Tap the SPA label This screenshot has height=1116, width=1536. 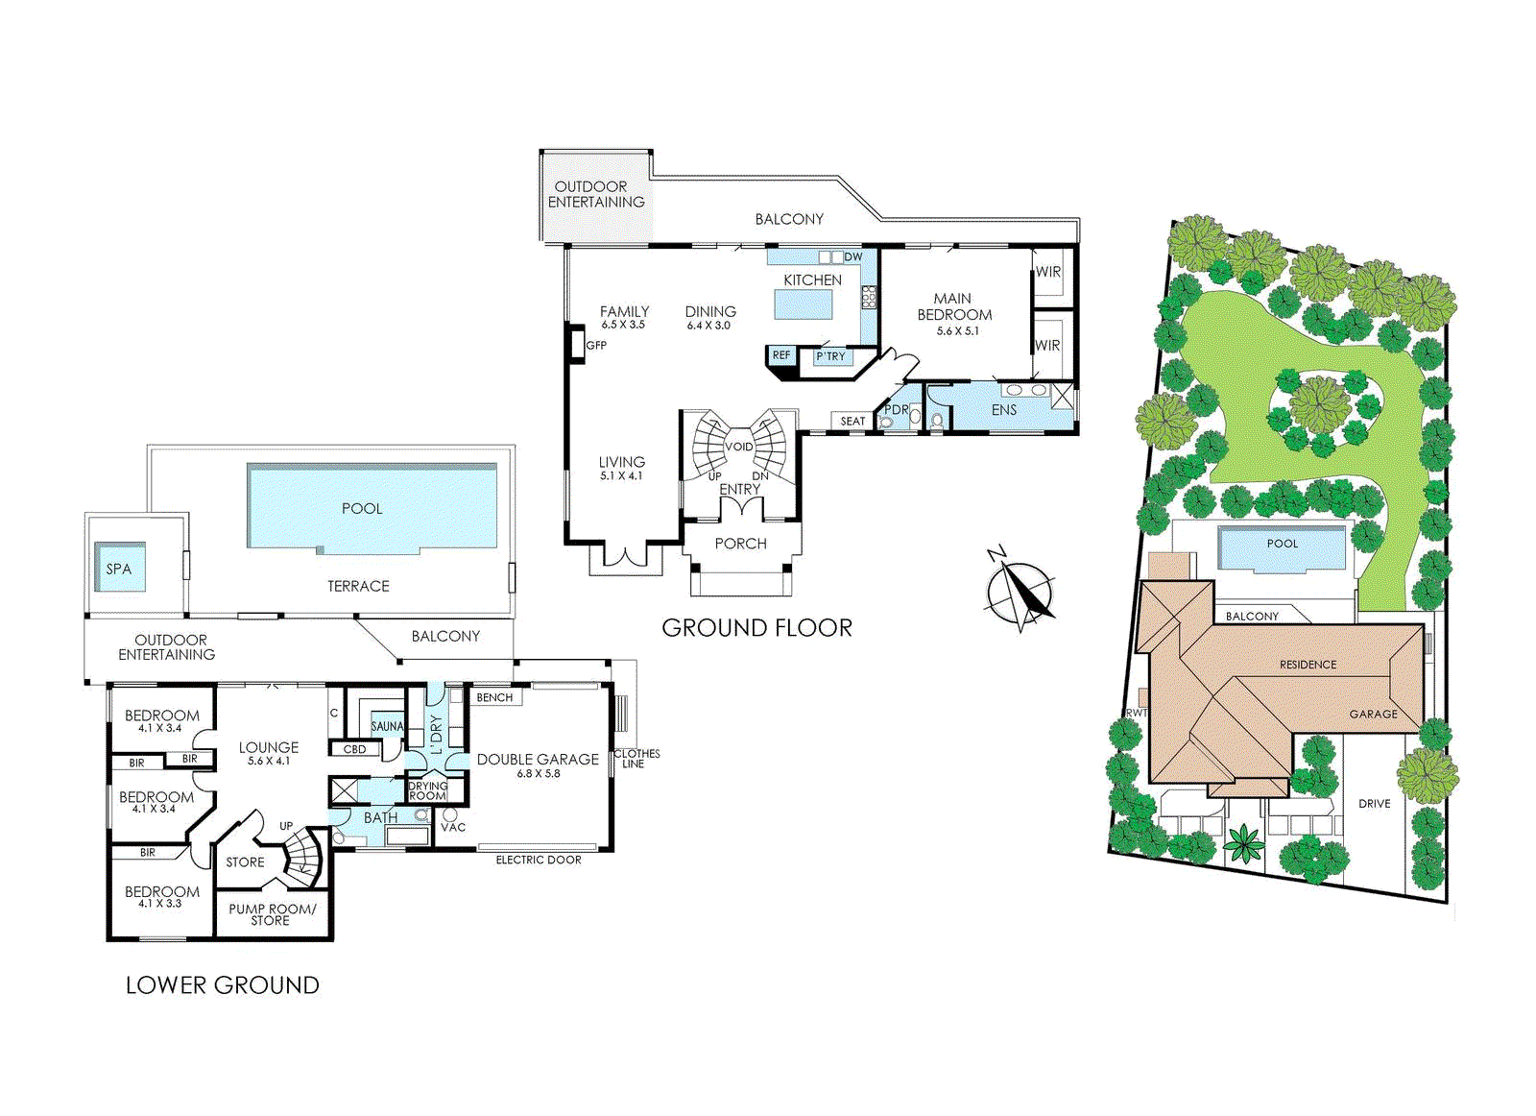click(119, 569)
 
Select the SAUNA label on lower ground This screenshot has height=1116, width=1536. click(388, 726)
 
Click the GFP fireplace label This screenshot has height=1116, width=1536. click(596, 345)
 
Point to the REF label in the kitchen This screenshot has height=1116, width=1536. click(781, 354)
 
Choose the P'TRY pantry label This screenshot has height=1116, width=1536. click(830, 356)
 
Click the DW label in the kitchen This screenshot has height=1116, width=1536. click(853, 257)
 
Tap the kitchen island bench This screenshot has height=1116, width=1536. click(804, 304)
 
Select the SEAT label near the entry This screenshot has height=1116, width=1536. click(852, 422)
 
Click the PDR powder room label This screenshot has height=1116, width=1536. click(897, 409)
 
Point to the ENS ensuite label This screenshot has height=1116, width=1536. click(1004, 409)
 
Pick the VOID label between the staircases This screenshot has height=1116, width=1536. click(738, 447)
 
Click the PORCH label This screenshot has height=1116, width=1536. click(740, 544)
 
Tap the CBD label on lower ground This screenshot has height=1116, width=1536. click(354, 749)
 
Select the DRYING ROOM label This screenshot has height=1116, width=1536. click(427, 790)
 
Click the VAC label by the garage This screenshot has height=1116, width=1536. click(453, 827)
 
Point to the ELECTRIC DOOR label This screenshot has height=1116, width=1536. click(539, 860)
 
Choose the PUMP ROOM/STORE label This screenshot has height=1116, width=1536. click(273, 914)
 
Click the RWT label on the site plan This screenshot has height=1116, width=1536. click(1137, 713)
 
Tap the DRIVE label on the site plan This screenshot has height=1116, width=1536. click(1374, 803)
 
